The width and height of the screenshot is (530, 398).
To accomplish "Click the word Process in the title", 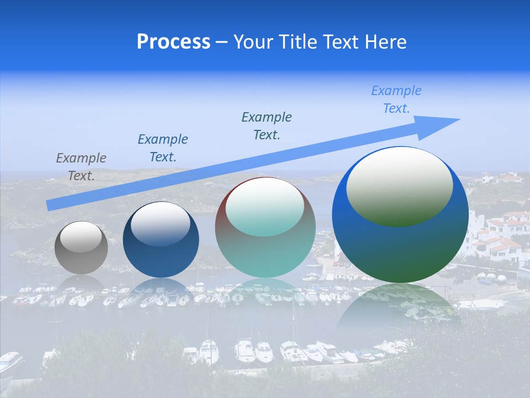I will click(173, 42).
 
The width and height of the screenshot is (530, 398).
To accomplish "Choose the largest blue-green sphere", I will click(400, 243).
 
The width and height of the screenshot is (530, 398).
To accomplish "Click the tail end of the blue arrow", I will click(50, 206).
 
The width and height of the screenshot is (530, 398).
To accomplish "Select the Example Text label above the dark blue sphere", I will click(163, 148).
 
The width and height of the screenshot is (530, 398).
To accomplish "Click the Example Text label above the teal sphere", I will click(267, 125).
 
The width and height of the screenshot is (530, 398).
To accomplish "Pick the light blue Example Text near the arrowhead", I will click(396, 99).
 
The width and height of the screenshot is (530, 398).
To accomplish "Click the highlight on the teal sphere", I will click(264, 207).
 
